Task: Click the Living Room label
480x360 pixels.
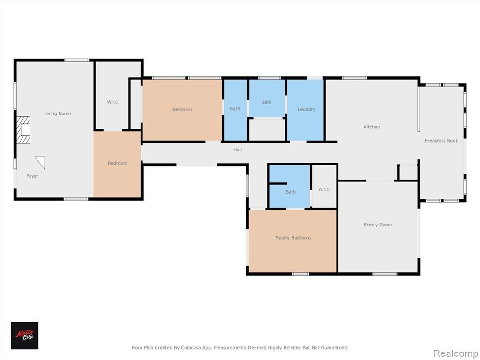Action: pos(58,113)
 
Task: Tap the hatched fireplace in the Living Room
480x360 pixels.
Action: pos(23,130)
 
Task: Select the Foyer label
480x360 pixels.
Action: pos(32,176)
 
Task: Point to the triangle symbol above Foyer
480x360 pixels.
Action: pos(41,162)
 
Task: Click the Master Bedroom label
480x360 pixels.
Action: pos(293,238)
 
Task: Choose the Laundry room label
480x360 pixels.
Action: pos(307,109)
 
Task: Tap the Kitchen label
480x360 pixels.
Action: pos(372,127)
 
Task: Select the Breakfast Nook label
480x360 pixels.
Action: pos(442,141)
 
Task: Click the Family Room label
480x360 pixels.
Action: pos(378,225)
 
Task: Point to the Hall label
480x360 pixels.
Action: pos(238,150)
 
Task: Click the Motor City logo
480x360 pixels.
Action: pos(25,336)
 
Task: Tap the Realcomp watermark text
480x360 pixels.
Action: pos(456,353)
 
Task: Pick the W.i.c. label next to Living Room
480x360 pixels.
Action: pos(113,102)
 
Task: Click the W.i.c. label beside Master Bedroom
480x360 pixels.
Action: pos(324,189)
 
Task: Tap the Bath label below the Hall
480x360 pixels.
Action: pos(291,192)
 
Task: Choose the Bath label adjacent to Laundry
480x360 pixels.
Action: pos(267,102)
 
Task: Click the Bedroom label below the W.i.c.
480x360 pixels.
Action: pos(118,163)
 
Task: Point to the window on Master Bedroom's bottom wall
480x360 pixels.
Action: pos(300,274)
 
